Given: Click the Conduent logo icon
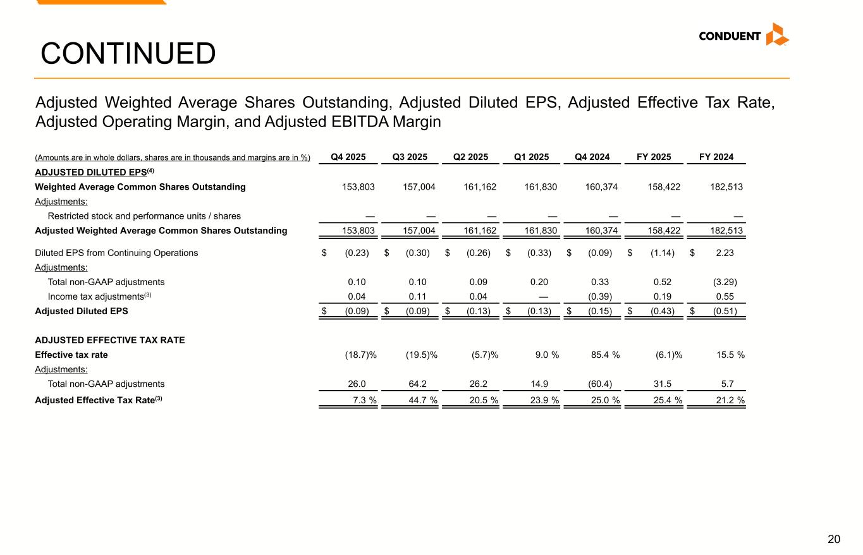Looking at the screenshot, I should pyautogui.click(x=777, y=35).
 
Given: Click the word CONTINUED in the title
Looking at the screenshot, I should pyautogui.click(x=128, y=54).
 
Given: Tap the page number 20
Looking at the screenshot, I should pyautogui.click(x=834, y=539).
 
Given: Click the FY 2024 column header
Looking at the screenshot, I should pyautogui.click(x=716, y=157).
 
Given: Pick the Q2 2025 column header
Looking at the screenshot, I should pyautogui.click(x=470, y=157).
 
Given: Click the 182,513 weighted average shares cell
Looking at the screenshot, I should pyautogui.click(x=726, y=187).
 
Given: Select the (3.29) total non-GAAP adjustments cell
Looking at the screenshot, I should pyautogui.click(x=726, y=282).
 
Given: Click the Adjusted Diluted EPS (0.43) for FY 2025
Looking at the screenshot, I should pyautogui.click(x=662, y=311).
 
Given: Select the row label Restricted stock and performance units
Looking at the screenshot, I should pyautogui.click(x=144, y=216).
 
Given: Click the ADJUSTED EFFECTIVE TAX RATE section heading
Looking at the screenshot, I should pyautogui.click(x=109, y=340).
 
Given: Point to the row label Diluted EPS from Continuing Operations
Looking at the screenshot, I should pyautogui.click(x=116, y=253).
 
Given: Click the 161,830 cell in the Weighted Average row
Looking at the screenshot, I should pyautogui.click(x=541, y=187).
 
